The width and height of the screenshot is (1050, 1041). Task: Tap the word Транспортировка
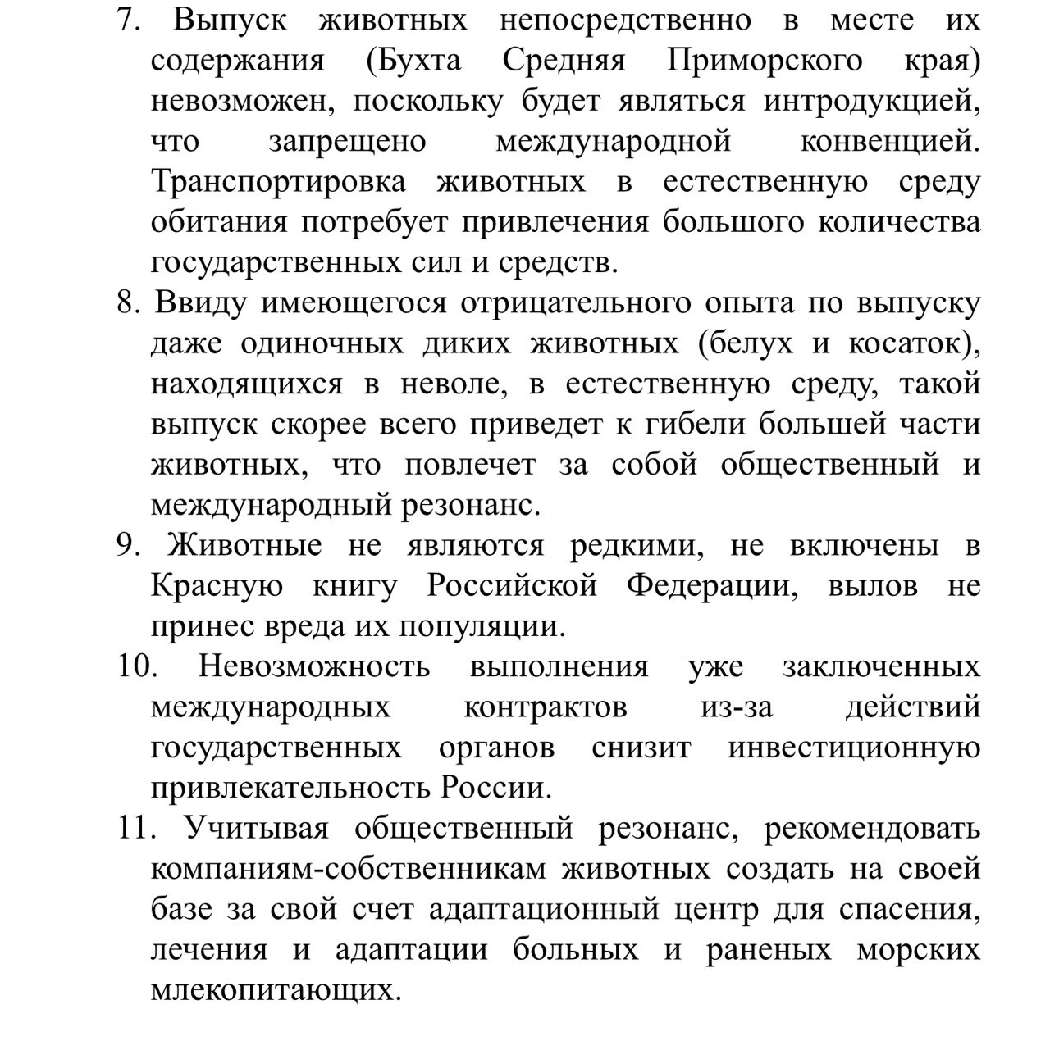point(278,182)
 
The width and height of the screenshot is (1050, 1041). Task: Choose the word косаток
point(907,343)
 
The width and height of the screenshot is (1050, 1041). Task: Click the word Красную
point(217,587)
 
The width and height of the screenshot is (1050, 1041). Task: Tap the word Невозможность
point(313,666)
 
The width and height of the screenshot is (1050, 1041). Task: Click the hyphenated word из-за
point(736,707)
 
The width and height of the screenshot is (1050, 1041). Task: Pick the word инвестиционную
point(854,748)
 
